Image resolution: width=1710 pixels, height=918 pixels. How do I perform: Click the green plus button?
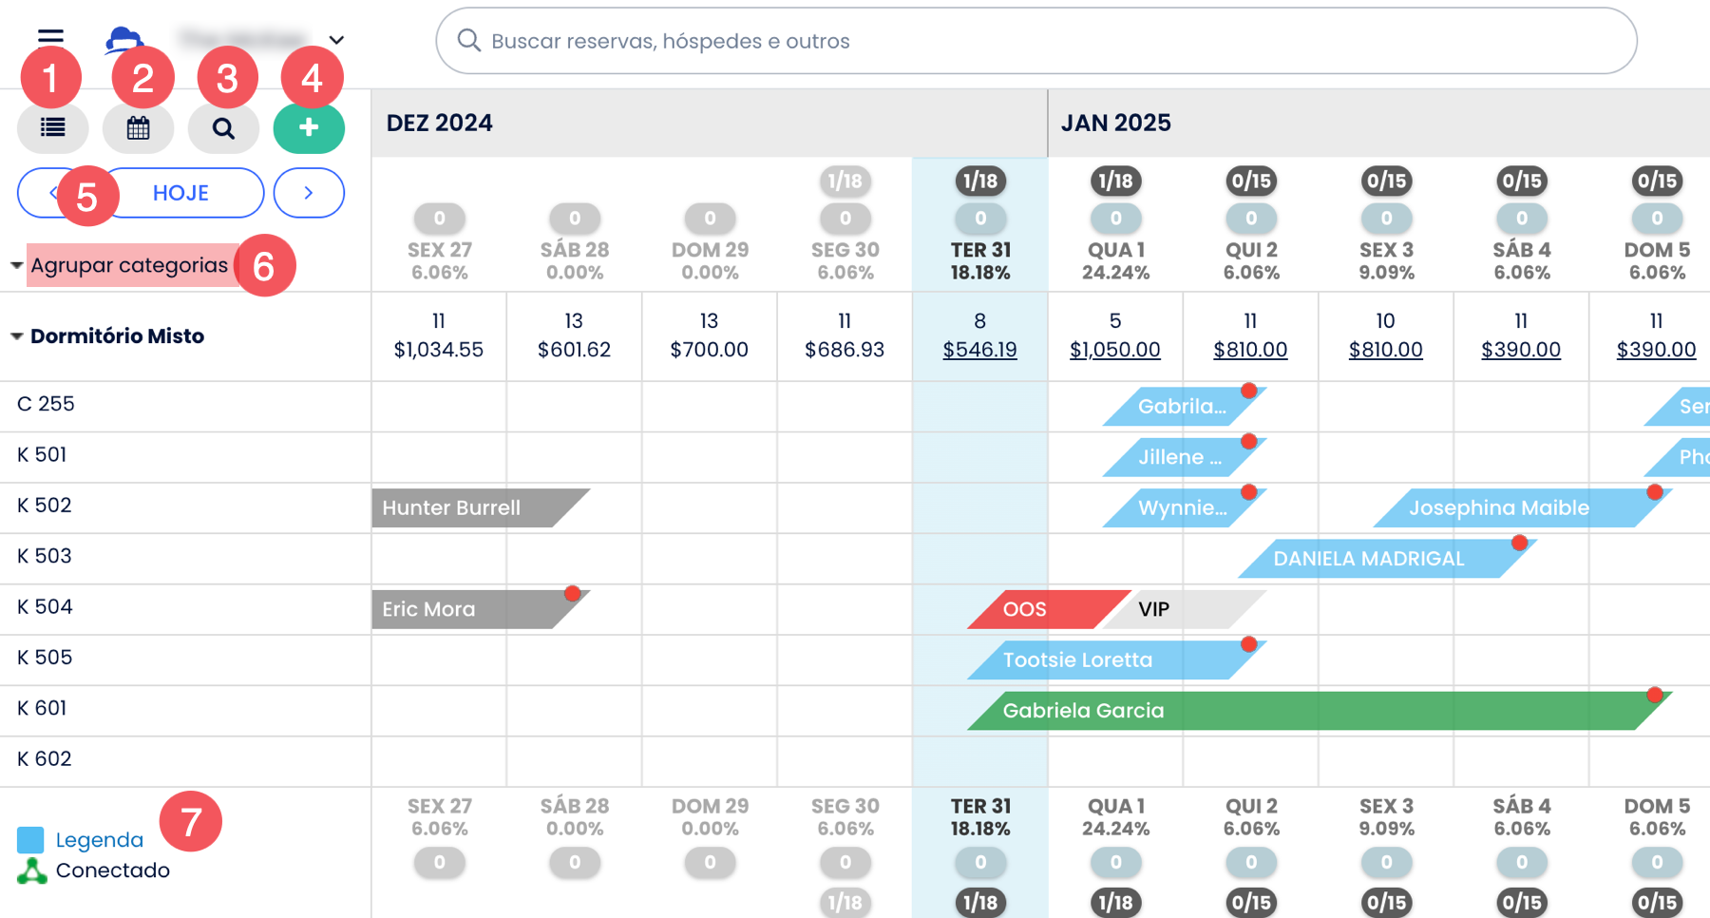pyautogui.click(x=309, y=128)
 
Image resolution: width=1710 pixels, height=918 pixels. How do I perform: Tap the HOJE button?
pyautogui.click(x=181, y=193)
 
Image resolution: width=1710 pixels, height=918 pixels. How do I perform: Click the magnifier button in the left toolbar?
pyautogui.click(x=223, y=128)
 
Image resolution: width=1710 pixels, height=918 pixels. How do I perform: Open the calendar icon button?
pyautogui.click(x=139, y=128)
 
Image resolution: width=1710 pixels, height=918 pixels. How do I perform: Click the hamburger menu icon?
pyautogui.click(x=50, y=37)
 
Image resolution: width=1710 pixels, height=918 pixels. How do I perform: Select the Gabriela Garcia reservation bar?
pyautogui.click(x=1311, y=711)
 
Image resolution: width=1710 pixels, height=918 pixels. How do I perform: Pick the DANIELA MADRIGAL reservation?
pyautogui.click(x=1377, y=559)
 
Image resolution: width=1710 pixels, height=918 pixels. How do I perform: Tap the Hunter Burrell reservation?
pyautogui.click(x=465, y=508)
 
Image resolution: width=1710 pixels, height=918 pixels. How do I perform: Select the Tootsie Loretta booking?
pyautogui.click(x=1102, y=660)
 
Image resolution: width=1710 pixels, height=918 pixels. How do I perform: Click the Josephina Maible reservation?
pyautogui.click(x=1510, y=508)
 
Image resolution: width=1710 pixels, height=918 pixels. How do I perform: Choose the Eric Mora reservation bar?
pyautogui.click(x=465, y=609)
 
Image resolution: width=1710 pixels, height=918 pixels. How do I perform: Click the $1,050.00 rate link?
pyautogui.click(x=1115, y=350)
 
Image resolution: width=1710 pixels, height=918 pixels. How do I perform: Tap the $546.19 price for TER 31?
pyautogui.click(x=979, y=350)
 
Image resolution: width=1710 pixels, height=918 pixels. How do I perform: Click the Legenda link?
pyautogui.click(x=100, y=840)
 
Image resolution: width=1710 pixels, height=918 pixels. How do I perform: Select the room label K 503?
pyautogui.click(x=45, y=556)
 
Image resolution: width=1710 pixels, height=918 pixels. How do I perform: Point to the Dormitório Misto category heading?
pyautogui.click(x=117, y=336)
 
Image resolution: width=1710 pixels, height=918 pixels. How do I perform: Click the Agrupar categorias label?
pyautogui.click(x=129, y=265)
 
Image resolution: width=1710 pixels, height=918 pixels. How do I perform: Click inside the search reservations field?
pyautogui.click(x=1035, y=41)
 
